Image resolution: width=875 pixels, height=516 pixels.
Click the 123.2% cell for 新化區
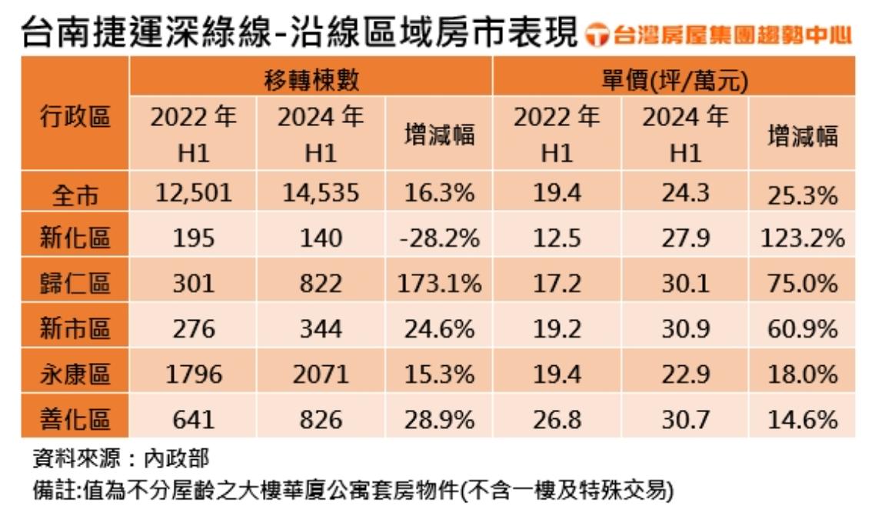pyautogui.click(x=802, y=238)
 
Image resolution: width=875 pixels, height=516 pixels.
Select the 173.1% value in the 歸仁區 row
pyautogui.click(x=439, y=284)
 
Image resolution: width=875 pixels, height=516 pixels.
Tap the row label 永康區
pyautogui.click(x=75, y=375)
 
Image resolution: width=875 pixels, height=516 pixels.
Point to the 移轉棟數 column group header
pyautogui.click(x=311, y=79)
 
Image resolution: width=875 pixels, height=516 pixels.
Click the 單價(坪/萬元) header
pyautogui.click(x=674, y=79)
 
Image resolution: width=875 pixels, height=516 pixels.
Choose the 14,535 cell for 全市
pyautogui.click(x=320, y=193)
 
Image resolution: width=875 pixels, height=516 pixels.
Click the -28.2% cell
pyautogui.click(x=439, y=238)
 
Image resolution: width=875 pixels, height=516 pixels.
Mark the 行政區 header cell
pyautogui.click(x=75, y=118)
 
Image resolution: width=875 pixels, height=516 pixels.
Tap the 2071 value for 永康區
pyautogui.click(x=320, y=375)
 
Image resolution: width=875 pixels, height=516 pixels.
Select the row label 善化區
pyautogui.click(x=75, y=420)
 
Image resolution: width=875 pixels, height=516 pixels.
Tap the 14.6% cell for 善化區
pyautogui.click(x=802, y=420)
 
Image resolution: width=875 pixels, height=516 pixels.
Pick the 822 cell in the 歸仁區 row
pyautogui.click(x=320, y=284)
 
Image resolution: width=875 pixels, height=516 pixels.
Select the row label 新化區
pyautogui.click(x=75, y=238)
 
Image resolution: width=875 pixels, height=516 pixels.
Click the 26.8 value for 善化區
pyautogui.click(x=557, y=420)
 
